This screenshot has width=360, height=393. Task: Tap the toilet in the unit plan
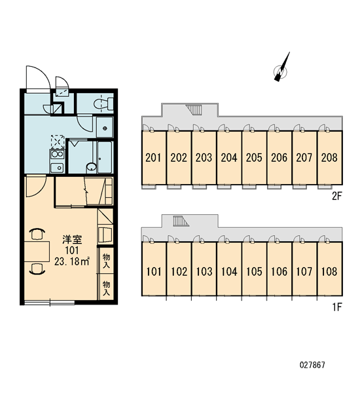point(103,104)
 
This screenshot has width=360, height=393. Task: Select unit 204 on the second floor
point(229,158)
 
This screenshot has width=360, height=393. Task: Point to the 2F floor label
point(337,196)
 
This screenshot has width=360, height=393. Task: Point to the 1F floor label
point(337,307)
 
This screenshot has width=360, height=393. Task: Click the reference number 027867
point(312,365)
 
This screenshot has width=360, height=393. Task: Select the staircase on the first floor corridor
point(181,221)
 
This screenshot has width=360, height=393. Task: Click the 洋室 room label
point(72,240)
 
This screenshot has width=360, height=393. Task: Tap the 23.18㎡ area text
point(72,261)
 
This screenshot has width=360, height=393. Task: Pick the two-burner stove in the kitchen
point(58,155)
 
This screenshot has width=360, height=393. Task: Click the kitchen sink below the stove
point(57,168)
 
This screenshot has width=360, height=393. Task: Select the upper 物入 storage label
point(106,261)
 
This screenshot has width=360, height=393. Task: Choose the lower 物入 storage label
point(106,288)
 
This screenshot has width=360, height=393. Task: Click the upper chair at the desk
point(37,234)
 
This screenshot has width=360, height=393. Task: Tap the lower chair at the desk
point(37,269)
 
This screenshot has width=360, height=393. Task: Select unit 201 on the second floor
point(153,158)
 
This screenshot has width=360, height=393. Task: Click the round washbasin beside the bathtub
point(92,167)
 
